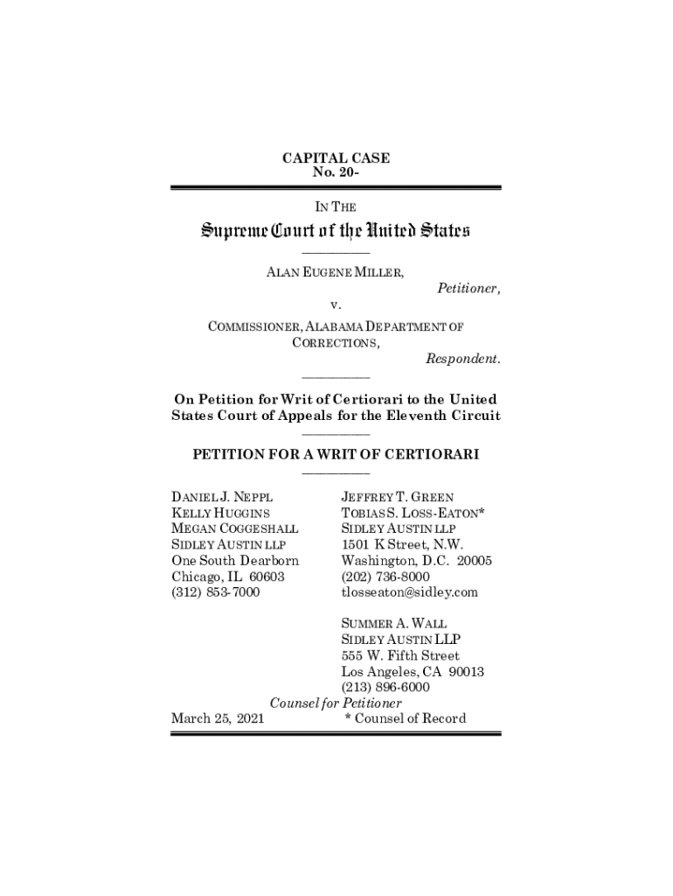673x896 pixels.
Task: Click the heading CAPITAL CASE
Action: coord(336,158)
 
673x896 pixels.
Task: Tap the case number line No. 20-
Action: coord(336,173)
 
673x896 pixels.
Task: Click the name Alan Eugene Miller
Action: coord(335,273)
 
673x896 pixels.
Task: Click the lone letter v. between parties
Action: coord(336,306)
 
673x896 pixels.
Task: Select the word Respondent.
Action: coord(463,359)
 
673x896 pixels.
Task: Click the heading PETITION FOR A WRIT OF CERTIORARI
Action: coord(336,455)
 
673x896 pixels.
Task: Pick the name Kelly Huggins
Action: coord(220,513)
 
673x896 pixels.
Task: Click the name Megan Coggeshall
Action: coord(234,528)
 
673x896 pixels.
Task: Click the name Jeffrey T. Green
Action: coord(397,497)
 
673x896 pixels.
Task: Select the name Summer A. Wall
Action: coord(393,624)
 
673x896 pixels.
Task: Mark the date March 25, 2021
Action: coord(219,719)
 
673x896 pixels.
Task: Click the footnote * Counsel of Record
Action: coord(406,719)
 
